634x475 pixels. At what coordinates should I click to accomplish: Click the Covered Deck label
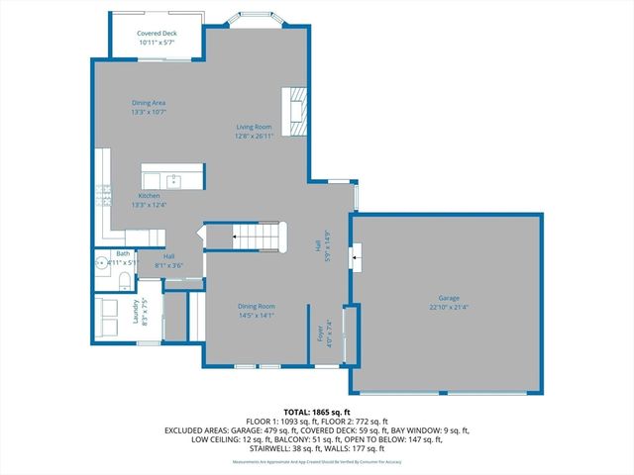156,34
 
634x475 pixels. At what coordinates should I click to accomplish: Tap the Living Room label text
254,127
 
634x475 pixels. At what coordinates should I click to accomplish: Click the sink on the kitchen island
174,180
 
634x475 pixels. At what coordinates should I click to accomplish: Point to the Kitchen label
149,196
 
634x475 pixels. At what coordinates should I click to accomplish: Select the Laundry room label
137,314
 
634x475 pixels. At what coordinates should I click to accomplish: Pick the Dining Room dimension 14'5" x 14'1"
256,317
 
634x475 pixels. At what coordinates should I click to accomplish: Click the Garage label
449,298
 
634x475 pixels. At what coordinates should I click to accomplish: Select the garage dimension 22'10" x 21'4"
449,307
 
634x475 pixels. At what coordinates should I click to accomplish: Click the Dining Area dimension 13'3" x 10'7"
149,112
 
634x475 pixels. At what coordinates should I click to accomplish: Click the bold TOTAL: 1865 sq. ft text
317,411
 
